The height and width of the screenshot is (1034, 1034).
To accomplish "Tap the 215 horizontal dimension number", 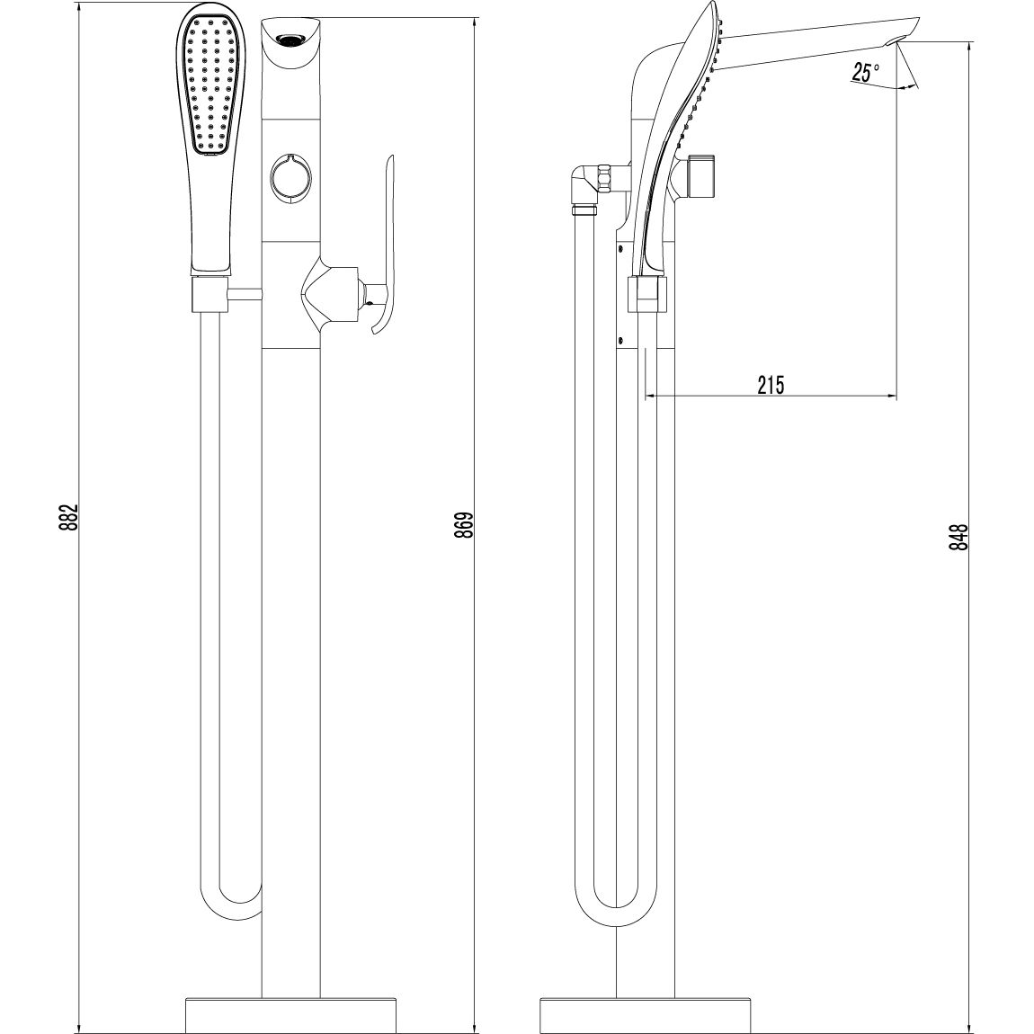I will click(x=771, y=386).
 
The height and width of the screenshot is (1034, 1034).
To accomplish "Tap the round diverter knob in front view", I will click(x=290, y=176).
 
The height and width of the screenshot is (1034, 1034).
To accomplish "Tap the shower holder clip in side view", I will click(x=648, y=293).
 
